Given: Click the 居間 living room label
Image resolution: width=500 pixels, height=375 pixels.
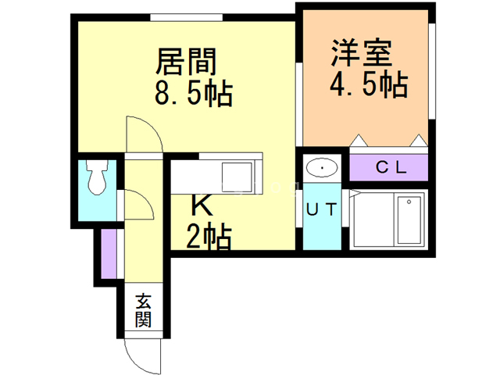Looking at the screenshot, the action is click(x=186, y=61).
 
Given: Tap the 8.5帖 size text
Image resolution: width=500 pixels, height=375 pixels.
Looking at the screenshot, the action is click(x=194, y=93).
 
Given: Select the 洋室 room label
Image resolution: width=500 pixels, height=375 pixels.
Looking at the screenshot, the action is click(x=361, y=53).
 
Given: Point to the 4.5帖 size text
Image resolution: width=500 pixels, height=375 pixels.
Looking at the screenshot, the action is click(x=368, y=84).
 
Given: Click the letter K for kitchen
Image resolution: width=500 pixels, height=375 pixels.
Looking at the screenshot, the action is click(x=202, y=205).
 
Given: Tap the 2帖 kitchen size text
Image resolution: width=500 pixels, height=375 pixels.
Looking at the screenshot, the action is click(x=209, y=237).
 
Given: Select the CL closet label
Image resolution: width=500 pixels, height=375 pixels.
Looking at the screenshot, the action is click(x=391, y=166).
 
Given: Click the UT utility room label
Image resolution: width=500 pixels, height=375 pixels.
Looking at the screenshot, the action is click(x=321, y=209).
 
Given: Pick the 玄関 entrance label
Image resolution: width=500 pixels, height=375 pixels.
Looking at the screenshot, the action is click(x=143, y=311).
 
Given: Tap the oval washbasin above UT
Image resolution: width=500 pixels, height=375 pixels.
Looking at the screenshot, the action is click(x=322, y=167).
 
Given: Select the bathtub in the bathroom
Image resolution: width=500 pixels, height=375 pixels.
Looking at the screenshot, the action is click(x=409, y=219).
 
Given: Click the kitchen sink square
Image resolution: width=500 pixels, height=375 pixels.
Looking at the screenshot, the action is click(x=237, y=177).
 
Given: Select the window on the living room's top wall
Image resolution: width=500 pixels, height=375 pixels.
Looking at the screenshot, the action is click(x=186, y=17).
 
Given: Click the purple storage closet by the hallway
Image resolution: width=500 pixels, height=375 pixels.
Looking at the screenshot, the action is click(x=109, y=254).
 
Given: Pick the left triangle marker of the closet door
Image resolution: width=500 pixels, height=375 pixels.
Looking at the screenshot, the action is click(x=359, y=141).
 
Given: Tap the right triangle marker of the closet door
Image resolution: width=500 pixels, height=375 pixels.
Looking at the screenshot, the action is click(x=419, y=141).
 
